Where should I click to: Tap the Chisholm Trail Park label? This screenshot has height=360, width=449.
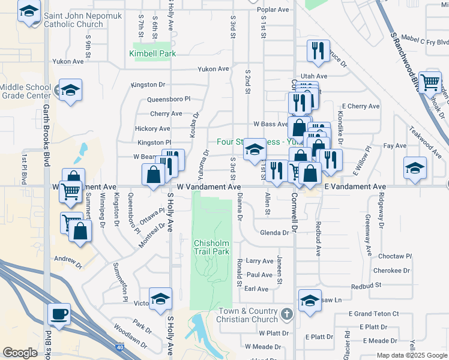(212, 247)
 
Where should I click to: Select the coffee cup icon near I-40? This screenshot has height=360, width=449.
(59, 314)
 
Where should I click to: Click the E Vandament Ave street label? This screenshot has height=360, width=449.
(355, 187)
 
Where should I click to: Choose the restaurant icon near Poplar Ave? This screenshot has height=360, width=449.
(316, 50)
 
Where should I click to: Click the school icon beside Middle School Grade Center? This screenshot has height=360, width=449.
(71, 90)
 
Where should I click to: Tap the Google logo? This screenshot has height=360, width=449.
(20, 353)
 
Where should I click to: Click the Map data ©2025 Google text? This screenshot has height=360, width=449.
(411, 355)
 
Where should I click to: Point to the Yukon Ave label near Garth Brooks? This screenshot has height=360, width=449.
(68, 61)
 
